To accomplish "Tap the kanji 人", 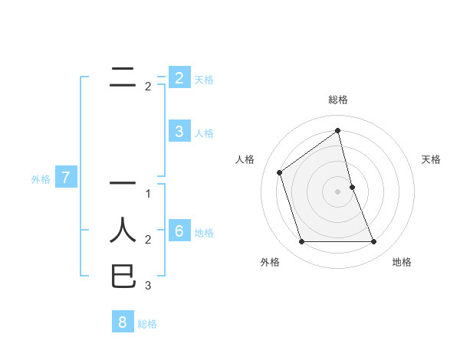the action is pyautogui.click(x=123, y=230).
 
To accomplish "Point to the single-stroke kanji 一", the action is pyautogui.click(x=123, y=183).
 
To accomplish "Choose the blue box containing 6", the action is pyautogui.click(x=179, y=231).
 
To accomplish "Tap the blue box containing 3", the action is pyautogui.click(x=179, y=131).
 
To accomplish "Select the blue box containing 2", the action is pyautogui.click(x=179, y=77).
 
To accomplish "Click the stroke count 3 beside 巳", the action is pyautogui.click(x=148, y=286).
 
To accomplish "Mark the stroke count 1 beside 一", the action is pyautogui.click(x=148, y=193).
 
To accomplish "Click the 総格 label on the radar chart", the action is pyautogui.click(x=337, y=100).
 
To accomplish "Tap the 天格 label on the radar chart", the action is pyautogui.click(x=432, y=159).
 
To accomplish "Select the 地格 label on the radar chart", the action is pyautogui.click(x=402, y=262).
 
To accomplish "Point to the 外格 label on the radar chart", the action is pyautogui.click(x=270, y=262).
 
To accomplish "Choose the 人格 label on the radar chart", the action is pyautogui.click(x=245, y=159).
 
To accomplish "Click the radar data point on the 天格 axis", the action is pyautogui.click(x=352, y=187).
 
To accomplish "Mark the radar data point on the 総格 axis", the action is pyautogui.click(x=337, y=131).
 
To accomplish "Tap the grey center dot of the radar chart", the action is pyautogui.click(x=337, y=191).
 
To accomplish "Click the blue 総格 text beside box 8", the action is pyautogui.click(x=147, y=324).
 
